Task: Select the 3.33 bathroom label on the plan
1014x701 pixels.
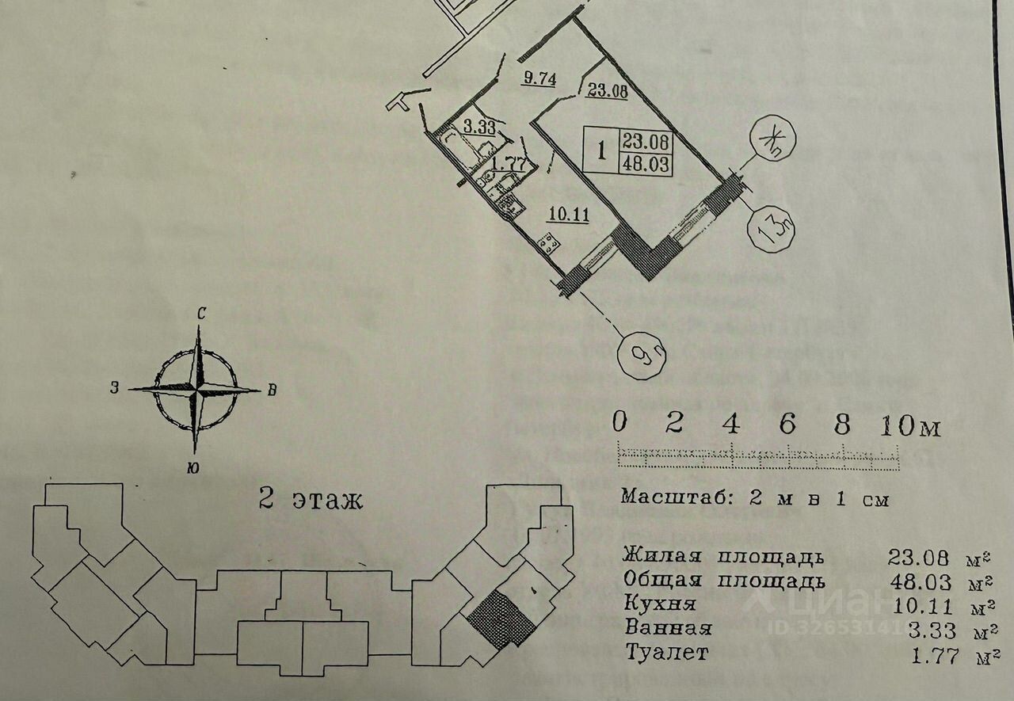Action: [457, 127]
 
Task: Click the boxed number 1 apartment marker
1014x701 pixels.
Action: [601, 151]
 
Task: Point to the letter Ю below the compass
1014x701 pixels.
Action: [193, 468]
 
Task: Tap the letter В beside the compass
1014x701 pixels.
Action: [271, 390]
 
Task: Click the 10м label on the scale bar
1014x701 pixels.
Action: [909, 426]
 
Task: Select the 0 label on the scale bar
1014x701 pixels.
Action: [619, 423]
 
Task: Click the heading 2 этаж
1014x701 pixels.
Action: [311, 500]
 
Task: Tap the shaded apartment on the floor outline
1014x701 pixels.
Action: [501, 619]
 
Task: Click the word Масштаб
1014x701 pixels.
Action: [669, 498]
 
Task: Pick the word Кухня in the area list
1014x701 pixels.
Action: [659, 604]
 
